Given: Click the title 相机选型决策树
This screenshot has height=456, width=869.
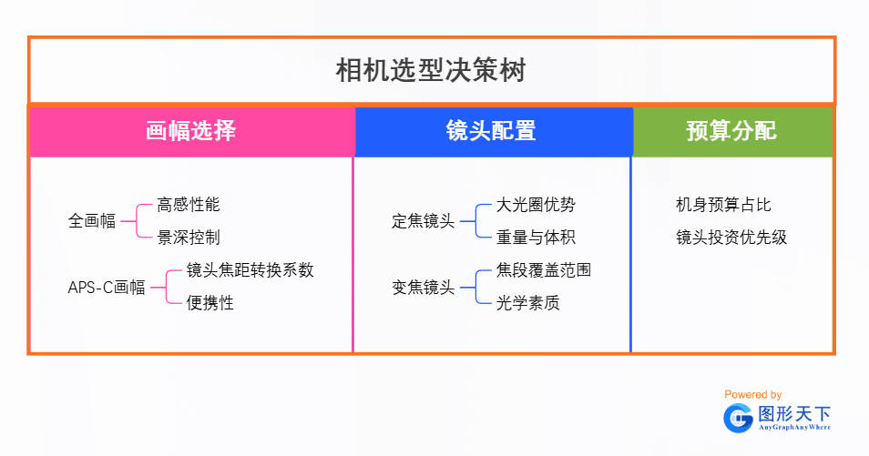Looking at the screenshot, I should coord(431,71).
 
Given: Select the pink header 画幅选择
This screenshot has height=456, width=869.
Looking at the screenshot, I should coord(191,131).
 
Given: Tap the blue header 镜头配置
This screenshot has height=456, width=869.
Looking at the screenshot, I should coord(491,131).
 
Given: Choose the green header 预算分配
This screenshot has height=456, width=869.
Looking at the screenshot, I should coord(731,131).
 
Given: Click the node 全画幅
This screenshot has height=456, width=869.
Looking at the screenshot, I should coord(92,220).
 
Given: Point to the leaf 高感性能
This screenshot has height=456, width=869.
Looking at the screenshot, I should coord(189,205).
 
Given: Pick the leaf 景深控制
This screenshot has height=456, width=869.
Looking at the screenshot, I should coord(189,238).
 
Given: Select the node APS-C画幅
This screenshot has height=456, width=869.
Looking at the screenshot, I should coord(107,288).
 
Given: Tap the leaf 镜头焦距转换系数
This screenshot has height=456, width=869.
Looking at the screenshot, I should coord(250,270).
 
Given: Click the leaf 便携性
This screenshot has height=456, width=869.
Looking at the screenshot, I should coord(210,303).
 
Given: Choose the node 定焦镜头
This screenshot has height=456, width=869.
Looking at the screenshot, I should coord(424,220).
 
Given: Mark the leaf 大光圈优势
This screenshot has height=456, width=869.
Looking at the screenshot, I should coord(536,205).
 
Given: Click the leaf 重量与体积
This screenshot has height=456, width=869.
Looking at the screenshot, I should coord(536,238).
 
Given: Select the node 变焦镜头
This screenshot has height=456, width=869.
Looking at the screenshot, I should coord(424,288).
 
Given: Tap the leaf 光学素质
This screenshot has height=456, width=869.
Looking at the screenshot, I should coord(527,303).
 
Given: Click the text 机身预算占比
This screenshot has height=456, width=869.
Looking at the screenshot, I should coord(723,205).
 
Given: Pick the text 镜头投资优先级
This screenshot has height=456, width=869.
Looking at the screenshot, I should coord(731,238).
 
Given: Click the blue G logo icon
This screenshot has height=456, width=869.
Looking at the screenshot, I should coord(738,418).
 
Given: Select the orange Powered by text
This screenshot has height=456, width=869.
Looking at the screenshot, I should coord(752,394).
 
